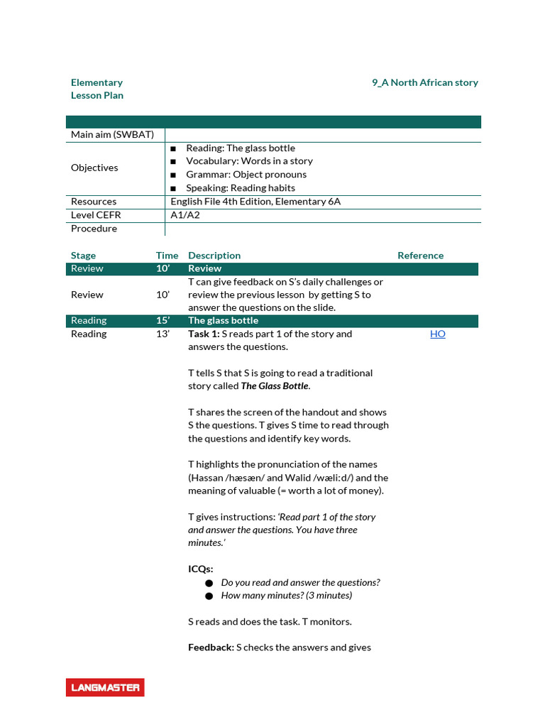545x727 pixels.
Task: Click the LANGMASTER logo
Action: (x=105, y=687)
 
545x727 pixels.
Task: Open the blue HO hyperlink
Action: (x=438, y=334)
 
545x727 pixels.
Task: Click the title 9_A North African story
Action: (x=424, y=82)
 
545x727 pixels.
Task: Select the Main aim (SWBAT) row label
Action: (x=112, y=134)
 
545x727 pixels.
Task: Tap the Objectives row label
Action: (x=94, y=168)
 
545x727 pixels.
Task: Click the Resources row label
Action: (x=94, y=202)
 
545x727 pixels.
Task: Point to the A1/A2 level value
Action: (x=185, y=215)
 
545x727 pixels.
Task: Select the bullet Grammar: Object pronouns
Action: (x=246, y=175)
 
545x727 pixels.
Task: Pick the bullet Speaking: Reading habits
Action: (x=241, y=188)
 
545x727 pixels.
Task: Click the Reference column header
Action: (x=420, y=256)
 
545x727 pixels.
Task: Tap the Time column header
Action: (x=167, y=256)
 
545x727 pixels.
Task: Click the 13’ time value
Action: (x=163, y=334)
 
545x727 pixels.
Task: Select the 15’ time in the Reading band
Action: (x=163, y=321)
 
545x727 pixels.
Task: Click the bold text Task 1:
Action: (x=204, y=334)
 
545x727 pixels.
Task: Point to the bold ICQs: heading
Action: (x=200, y=569)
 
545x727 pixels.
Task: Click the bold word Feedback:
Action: (x=211, y=647)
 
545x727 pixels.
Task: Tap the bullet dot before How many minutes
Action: (x=209, y=596)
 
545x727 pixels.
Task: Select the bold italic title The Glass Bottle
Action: (x=275, y=386)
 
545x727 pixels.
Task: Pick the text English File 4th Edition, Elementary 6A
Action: (x=255, y=202)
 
